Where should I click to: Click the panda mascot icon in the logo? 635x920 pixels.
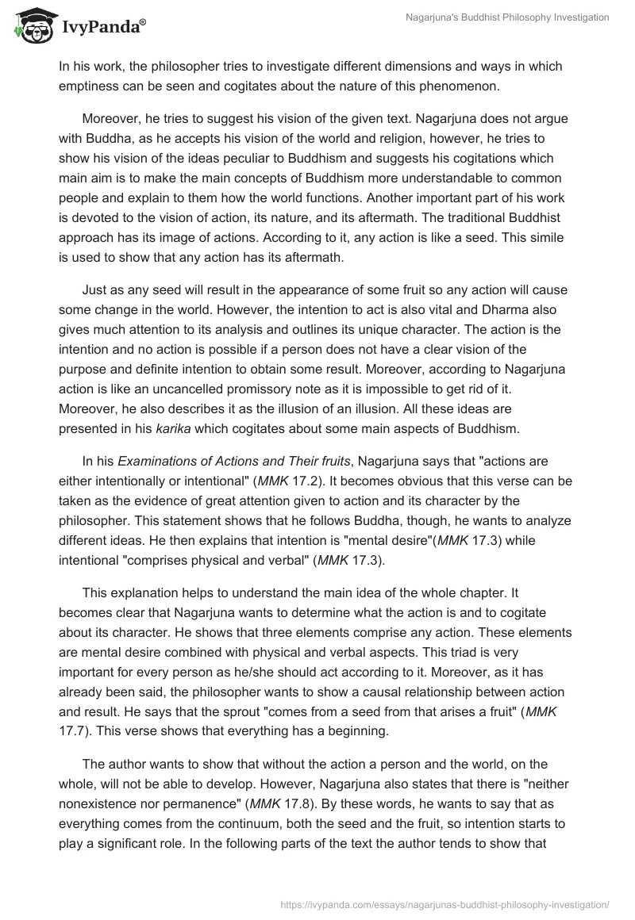pyautogui.click(x=30, y=26)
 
